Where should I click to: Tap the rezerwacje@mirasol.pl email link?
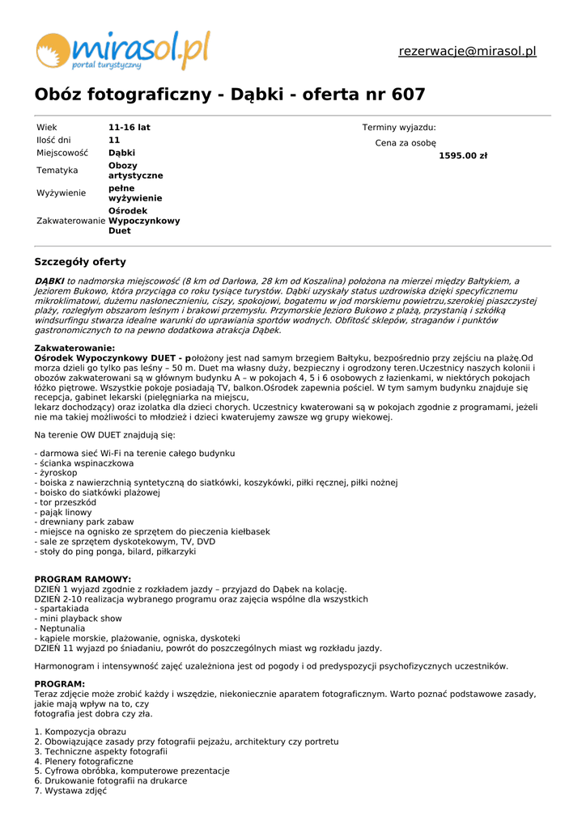[x=467, y=52]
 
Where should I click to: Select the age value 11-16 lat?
[x=130, y=128]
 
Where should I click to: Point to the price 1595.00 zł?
[x=463, y=156]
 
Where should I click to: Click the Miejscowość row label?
[x=62, y=153]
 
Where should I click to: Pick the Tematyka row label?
[x=57, y=171]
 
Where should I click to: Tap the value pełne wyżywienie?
[x=135, y=193]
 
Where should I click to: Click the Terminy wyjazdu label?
[x=399, y=128]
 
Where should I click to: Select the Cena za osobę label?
[x=406, y=143]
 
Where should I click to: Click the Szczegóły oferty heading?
[x=80, y=262]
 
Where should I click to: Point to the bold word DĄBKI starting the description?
[x=49, y=281]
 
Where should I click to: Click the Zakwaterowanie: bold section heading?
[x=80, y=348]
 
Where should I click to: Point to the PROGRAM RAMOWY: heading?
[x=83, y=580]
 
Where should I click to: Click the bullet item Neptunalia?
[x=60, y=628]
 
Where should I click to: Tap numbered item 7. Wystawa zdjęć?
[x=70, y=791]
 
